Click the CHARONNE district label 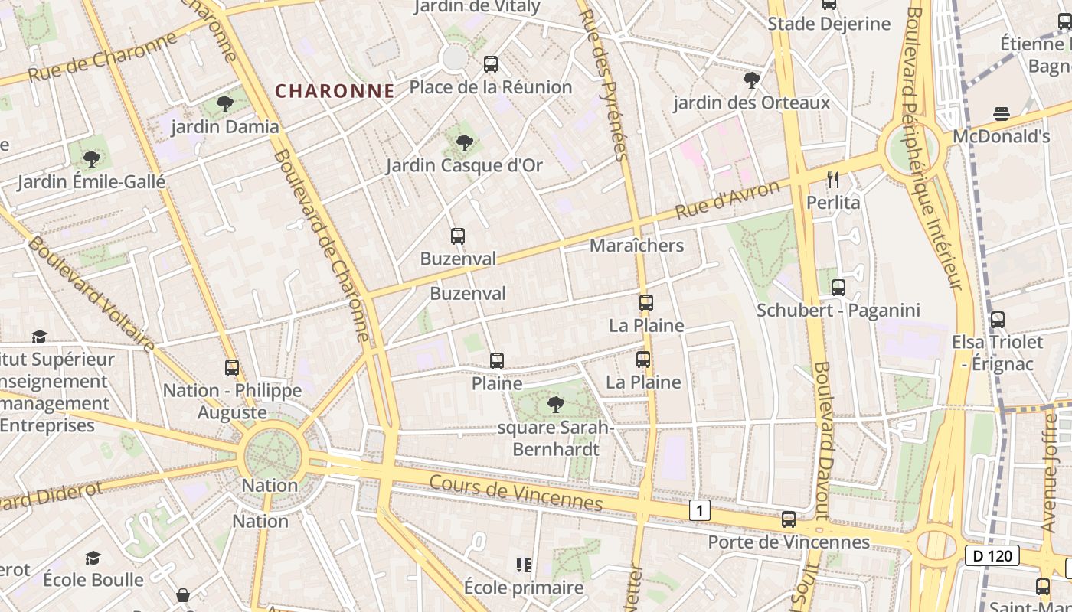[x=335, y=91]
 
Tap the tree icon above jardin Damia [x=224, y=103]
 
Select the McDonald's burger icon [x=1002, y=114]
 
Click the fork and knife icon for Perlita [x=833, y=180]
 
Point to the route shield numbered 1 [x=699, y=510]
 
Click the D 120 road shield [x=992, y=556]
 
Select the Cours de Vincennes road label [x=516, y=493]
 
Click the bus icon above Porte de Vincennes [x=789, y=519]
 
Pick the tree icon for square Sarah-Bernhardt [x=555, y=404]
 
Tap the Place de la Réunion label [x=491, y=87]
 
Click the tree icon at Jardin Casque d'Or [x=464, y=142]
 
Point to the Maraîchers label [x=636, y=246]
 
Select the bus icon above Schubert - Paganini [x=838, y=288]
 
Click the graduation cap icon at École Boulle [x=93, y=558]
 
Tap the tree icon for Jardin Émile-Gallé [x=92, y=159]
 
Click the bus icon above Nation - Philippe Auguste [x=232, y=368]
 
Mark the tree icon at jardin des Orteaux [x=752, y=80]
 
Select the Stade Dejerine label [x=829, y=24]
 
